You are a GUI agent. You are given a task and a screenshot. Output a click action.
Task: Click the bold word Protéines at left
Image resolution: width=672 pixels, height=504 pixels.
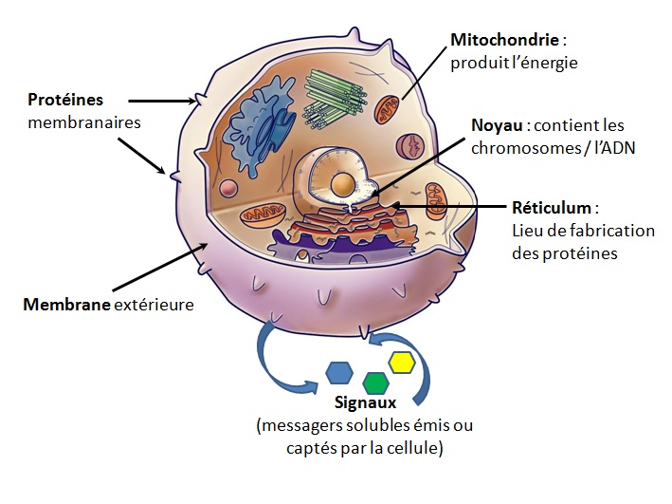(65, 100)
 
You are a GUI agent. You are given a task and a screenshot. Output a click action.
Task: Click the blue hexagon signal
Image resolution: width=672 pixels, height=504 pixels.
(339, 372)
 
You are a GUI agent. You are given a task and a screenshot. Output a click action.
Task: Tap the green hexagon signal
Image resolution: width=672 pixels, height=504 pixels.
(376, 383)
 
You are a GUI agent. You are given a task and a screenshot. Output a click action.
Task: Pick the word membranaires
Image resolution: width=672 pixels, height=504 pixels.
(83, 122)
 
